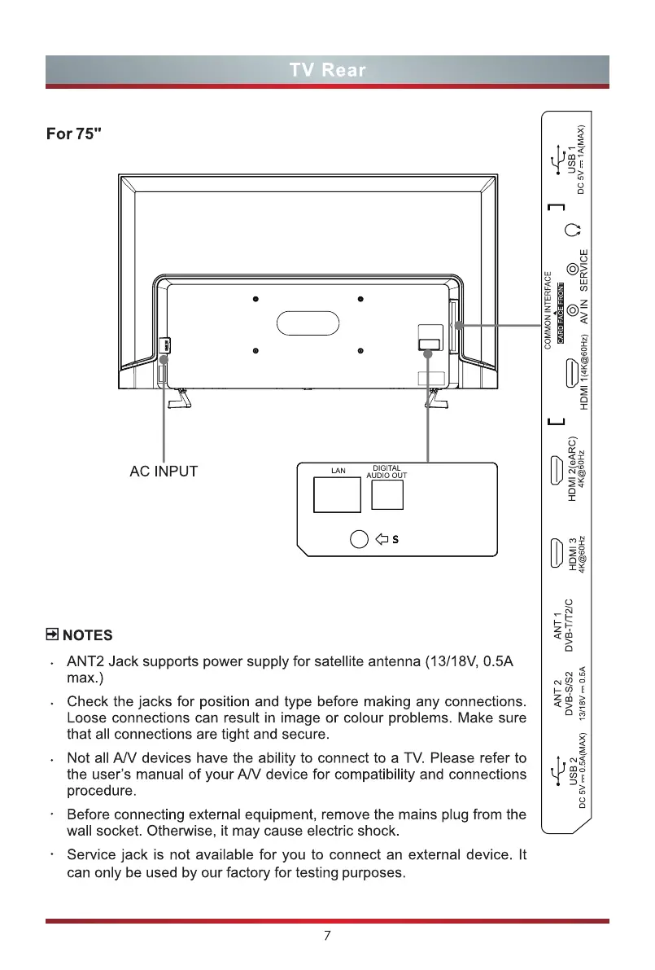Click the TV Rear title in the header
(x=327, y=69)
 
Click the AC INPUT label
(x=164, y=472)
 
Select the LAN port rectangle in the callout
(x=337, y=494)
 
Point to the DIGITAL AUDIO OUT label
(x=386, y=471)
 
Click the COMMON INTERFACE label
(x=548, y=309)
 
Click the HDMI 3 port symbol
(x=556, y=552)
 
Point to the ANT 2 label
(x=558, y=694)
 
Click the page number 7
(x=327, y=937)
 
